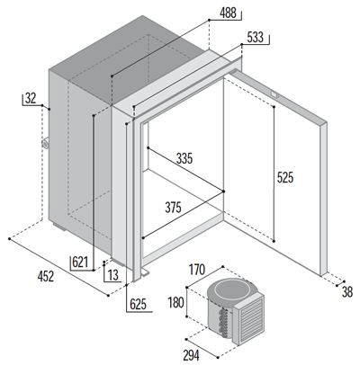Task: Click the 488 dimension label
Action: (x=228, y=13)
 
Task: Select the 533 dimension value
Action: (x=256, y=38)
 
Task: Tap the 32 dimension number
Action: (x=31, y=98)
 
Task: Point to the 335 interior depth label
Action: (x=184, y=158)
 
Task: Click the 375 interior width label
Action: (x=173, y=208)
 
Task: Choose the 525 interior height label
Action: (x=285, y=177)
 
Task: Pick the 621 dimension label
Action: (x=80, y=263)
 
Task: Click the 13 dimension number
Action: (x=113, y=275)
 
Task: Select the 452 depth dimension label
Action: (x=46, y=276)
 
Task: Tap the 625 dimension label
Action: (x=138, y=305)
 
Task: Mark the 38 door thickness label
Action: (x=347, y=292)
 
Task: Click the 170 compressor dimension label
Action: (x=196, y=270)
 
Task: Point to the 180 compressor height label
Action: (x=175, y=302)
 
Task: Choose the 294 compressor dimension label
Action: (x=191, y=355)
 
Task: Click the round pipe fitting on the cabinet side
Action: (x=45, y=143)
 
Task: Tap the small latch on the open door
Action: (x=274, y=94)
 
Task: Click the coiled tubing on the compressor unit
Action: (x=223, y=322)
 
